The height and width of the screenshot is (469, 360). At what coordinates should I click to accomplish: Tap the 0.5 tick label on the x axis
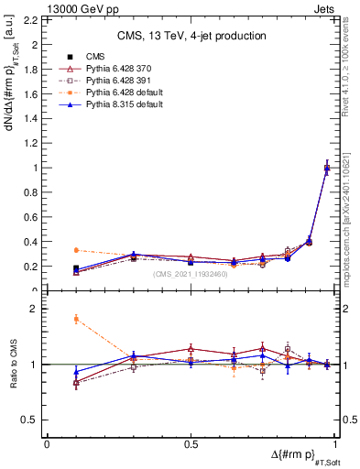point(191,444)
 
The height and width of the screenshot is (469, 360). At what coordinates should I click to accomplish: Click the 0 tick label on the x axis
point(47,444)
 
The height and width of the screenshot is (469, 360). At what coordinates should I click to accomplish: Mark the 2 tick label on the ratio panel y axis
point(35,309)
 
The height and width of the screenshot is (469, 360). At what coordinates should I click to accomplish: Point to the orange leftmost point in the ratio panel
point(76,319)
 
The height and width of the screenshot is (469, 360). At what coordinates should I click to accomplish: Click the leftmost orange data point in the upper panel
point(76,250)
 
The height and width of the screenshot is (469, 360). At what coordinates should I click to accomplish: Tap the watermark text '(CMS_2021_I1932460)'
point(191,273)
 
